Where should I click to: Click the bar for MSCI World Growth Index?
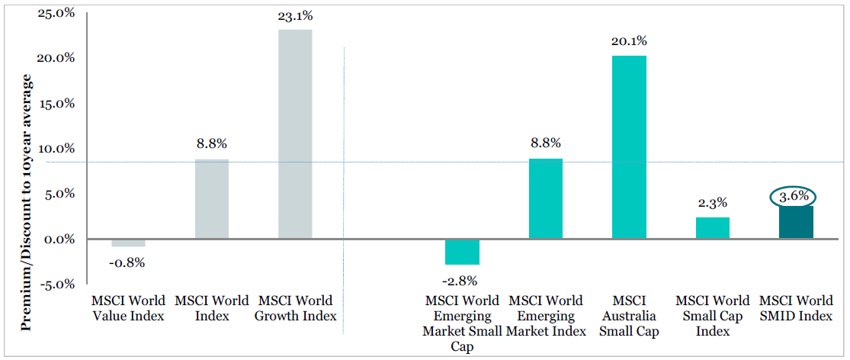295,134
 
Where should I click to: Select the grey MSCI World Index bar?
212,199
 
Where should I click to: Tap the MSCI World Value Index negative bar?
128,243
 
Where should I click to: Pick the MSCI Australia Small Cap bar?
629,147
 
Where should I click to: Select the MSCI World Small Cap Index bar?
712,228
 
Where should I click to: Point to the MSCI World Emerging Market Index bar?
545,199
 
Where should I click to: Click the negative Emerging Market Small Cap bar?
462,252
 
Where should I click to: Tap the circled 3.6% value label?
794,197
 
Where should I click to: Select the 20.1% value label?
629,41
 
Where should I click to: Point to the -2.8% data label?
462,281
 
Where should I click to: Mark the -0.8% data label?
128,263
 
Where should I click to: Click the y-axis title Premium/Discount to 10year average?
26,203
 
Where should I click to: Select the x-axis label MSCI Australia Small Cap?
629,316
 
